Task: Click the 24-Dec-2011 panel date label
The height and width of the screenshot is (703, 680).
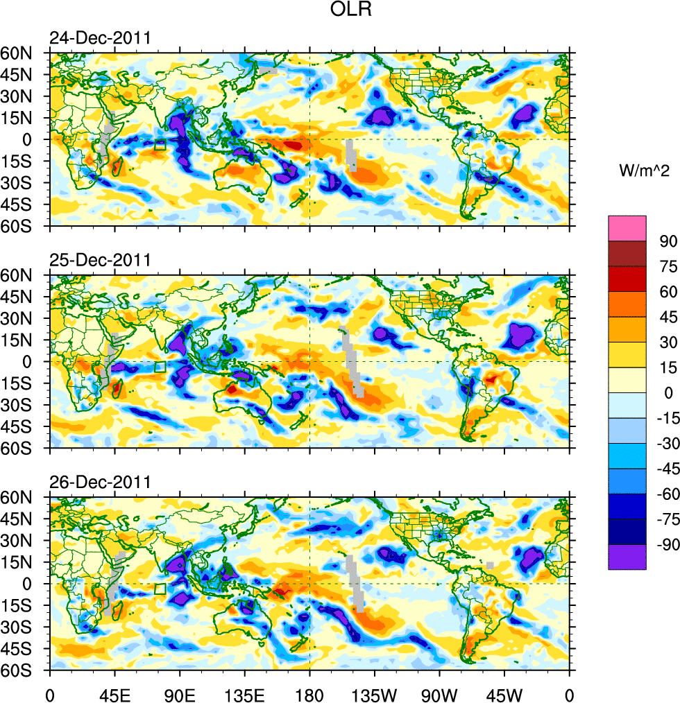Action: pos(99,38)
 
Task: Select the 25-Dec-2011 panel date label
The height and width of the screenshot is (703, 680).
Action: pos(99,261)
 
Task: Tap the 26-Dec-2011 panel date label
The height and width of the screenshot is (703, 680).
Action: pos(99,483)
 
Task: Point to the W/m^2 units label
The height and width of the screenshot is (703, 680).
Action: pos(645,170)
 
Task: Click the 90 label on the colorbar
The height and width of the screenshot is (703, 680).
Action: pos(668,241)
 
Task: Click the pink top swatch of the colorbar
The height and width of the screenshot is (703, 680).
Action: pos(627,228)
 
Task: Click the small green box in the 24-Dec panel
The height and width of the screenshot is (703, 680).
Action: pos(160,145)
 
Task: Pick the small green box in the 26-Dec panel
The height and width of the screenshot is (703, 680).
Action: pos(160,589)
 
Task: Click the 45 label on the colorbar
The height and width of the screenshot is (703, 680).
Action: pos(668,318)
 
